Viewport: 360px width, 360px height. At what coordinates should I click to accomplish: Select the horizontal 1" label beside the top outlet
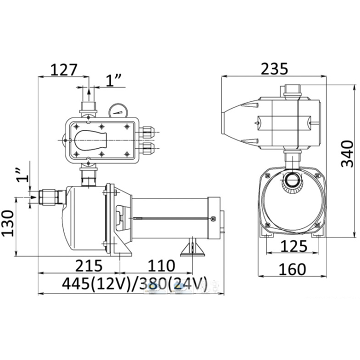[115, 80]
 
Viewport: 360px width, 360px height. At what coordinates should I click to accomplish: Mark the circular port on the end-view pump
[291, 180]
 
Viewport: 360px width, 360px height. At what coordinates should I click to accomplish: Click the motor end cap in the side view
[215, 217]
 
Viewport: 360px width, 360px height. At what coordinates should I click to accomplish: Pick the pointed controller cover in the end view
[241, 122]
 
